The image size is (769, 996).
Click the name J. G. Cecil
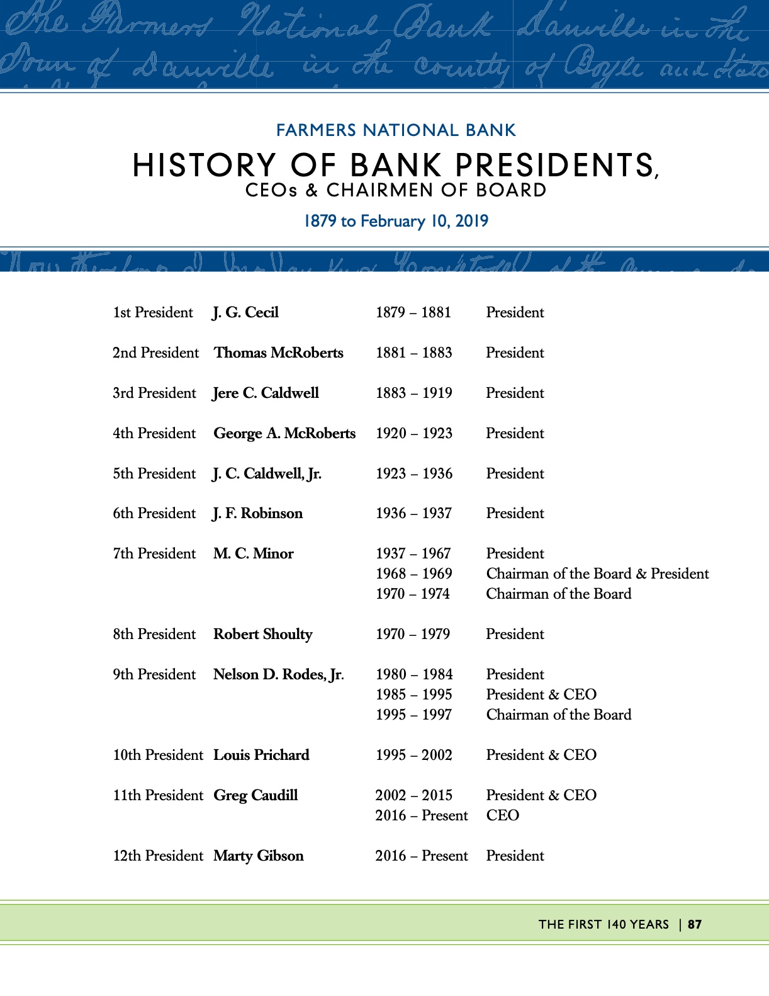coord(245,313)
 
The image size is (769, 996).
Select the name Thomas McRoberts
coord(278,353)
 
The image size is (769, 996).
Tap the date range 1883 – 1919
coord(413,393)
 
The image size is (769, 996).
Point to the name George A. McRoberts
coord(284,434)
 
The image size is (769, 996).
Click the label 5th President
coord(154,474)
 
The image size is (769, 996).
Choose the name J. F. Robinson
coord(257,514)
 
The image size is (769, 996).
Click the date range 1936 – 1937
coord(413,514)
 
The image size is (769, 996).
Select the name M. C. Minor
coord(253,554)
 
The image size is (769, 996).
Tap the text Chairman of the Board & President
coord(597,574)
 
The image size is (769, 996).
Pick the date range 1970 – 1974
coord(412,594)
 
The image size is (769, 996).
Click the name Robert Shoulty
coord(262,635)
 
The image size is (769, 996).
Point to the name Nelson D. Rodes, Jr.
coord(278,675)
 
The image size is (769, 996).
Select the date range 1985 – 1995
coord(413,695)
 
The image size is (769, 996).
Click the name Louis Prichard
coord(261,755)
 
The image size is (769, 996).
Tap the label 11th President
coord(158,796)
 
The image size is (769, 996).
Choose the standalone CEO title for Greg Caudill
coord(502,816)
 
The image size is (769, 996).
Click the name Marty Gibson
coord(258,856)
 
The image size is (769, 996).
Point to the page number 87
coord(695,925)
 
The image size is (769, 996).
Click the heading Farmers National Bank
coord(396,131)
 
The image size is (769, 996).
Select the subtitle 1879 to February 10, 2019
coord(396,222)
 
